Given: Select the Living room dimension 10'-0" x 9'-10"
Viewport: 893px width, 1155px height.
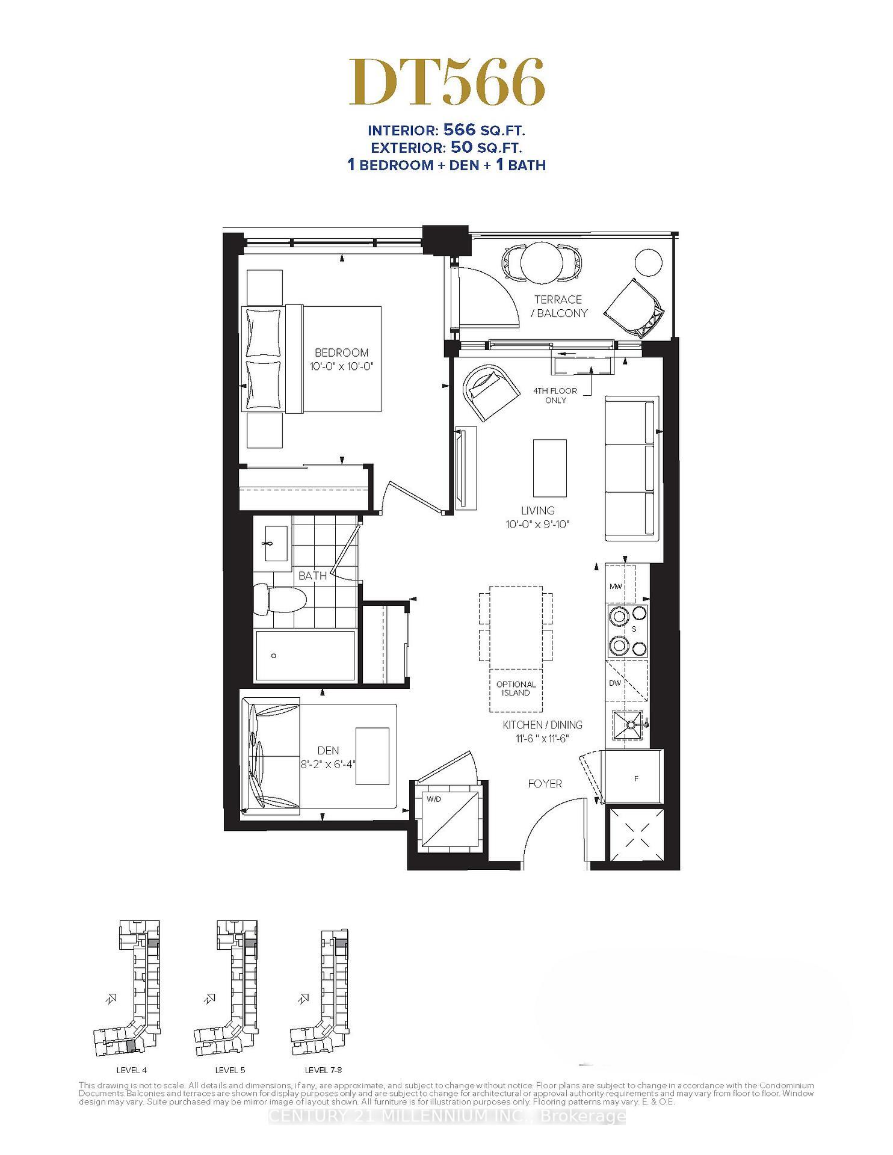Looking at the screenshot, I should [x=537, y=524].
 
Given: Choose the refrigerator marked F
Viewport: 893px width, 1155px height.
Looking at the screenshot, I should [x=635, y=778].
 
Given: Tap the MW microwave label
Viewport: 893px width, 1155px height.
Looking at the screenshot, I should [x=615, y=587].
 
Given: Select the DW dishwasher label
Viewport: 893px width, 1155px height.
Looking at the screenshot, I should [x=614, y=683].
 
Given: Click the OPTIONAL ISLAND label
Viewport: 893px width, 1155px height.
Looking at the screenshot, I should [x=516, y=688].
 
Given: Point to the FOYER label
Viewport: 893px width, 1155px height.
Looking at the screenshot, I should [x=545, y=783].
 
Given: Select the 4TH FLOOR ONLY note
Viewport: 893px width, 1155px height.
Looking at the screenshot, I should [x=555, y=395].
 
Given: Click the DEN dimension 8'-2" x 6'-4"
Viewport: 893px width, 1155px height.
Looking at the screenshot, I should [x=327, y=765].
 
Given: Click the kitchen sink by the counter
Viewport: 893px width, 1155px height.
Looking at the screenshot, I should [x=626, y=725].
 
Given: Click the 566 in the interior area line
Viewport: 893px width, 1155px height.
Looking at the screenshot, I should [x=459, y=129].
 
